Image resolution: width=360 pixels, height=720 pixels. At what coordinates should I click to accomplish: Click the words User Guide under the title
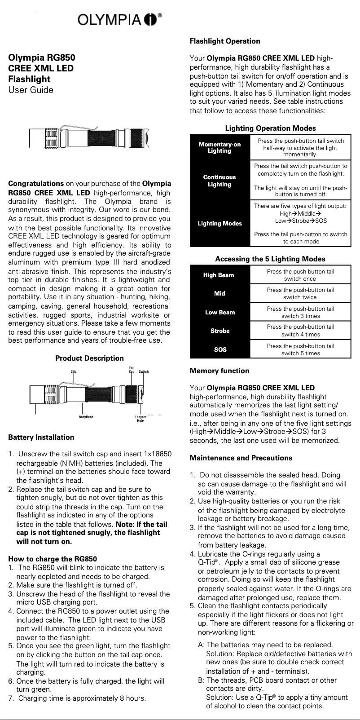pos(31,90)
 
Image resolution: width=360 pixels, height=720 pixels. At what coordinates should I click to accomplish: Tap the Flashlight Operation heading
pos(225,41)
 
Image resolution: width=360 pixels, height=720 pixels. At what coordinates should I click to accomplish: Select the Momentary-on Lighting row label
pos(220,147)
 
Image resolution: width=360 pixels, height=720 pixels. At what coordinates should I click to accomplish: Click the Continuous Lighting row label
pos(220,181)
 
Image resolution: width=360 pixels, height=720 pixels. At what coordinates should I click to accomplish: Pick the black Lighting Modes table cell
pos(220,223)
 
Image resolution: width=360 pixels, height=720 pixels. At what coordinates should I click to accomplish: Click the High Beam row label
pos(219,275)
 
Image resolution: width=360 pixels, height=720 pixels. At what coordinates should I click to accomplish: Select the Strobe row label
pos(220,331)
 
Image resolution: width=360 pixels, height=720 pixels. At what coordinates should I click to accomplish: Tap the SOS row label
pos(220,349)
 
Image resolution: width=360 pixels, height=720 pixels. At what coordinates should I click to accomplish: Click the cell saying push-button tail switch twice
pos(300,293)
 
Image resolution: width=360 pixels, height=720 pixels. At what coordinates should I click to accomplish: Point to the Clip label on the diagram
pos(74,371)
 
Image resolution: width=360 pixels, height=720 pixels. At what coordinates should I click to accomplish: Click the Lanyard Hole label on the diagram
pos(140,419)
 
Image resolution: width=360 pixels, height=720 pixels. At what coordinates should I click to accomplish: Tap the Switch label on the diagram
pos(144,371)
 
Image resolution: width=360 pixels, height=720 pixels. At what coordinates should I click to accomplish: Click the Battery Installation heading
pos(41,437)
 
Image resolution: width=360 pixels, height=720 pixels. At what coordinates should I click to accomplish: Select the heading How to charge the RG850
pos(53,559)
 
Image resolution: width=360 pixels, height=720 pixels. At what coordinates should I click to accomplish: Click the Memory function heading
pos(220,371)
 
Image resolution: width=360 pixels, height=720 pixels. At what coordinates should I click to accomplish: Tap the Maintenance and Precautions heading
pos(241,458)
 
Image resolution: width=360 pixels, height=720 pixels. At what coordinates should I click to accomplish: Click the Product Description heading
pos(89,358)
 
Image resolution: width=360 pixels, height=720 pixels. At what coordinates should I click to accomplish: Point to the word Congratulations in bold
pos(36,184)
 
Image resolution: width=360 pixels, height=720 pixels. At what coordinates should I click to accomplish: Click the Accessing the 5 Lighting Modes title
pos(270,259)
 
